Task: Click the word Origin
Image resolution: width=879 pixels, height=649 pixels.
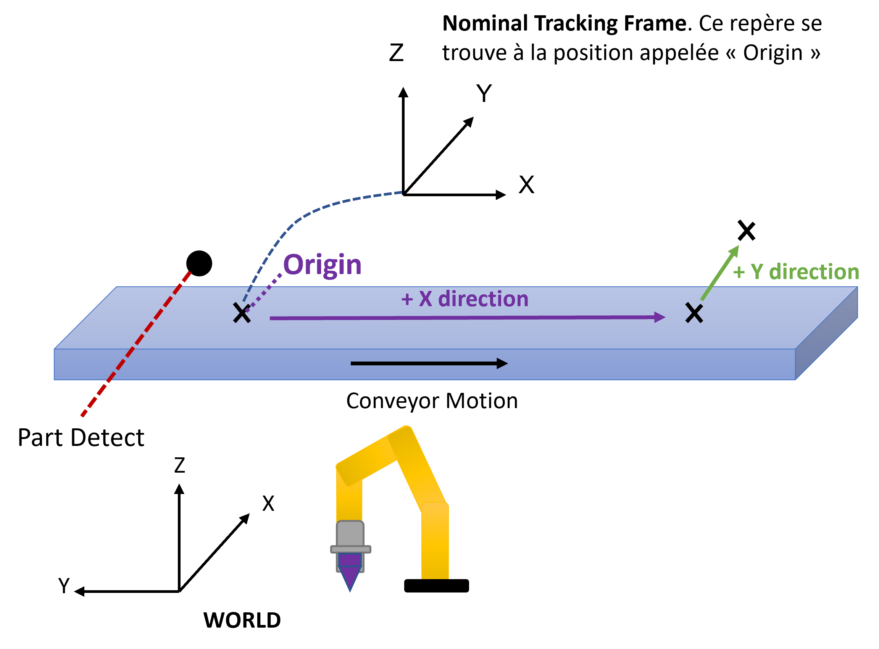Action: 322,265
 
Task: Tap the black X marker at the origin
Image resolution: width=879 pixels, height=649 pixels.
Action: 242,313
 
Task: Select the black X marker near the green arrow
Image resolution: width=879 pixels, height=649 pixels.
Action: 694,313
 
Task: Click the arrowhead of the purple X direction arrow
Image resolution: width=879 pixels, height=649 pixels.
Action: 660,317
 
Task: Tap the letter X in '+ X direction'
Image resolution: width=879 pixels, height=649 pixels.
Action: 425,299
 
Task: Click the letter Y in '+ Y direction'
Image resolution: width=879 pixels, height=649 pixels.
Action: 757,271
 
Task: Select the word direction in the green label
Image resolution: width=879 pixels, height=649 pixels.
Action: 814,271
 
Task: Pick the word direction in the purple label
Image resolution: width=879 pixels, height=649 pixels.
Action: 483,299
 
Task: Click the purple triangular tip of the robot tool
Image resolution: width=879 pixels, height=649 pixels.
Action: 350,578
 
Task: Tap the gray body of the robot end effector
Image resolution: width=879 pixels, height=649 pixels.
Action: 350,533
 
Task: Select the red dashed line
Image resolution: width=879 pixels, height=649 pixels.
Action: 135,344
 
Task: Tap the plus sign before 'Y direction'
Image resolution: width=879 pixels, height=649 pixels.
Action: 739,272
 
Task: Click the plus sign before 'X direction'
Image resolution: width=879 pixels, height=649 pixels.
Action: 407,300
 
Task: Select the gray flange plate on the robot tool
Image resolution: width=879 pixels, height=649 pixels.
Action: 350,549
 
